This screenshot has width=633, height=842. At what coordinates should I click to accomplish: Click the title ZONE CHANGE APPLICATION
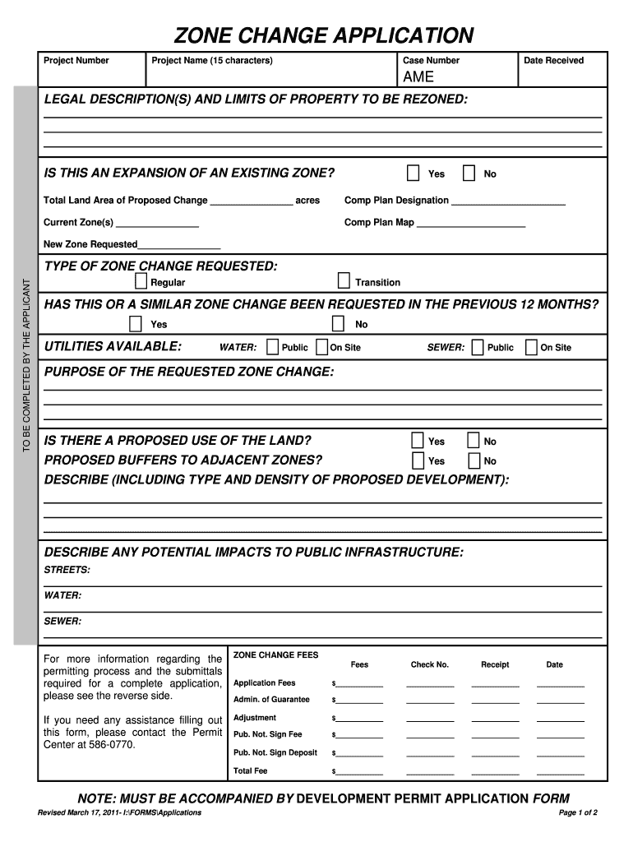click(x=323, y=35)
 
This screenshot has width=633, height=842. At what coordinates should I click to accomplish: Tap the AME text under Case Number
click(x=418, y=77)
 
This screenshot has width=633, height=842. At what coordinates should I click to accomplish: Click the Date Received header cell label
click(x=553, y=60)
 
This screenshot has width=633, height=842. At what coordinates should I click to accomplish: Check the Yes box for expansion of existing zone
click(x=413, y=173)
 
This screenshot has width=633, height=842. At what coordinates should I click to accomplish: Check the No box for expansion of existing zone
click(x=469, y=173)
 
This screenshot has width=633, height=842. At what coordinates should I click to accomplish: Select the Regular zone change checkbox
click(x=141, y=281)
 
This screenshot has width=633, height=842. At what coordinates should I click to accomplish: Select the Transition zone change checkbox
click(x=344, y=281)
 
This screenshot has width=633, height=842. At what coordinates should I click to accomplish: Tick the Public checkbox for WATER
click(x=273, y=347)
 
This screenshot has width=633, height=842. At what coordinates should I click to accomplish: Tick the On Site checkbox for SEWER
click(x=531, y=347)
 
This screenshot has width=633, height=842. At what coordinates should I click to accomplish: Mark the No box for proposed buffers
click(x=474, y=460)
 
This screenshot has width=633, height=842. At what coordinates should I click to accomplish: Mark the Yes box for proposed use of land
click(x=418, y=441)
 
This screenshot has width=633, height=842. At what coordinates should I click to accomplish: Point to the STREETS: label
click(x=67, y=570)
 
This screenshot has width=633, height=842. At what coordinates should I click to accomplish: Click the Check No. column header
click(x=430, y=664)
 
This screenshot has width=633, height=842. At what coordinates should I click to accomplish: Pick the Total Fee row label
click(x=251, y=771)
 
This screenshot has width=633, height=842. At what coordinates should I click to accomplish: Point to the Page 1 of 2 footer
click(x=577, y=812)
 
